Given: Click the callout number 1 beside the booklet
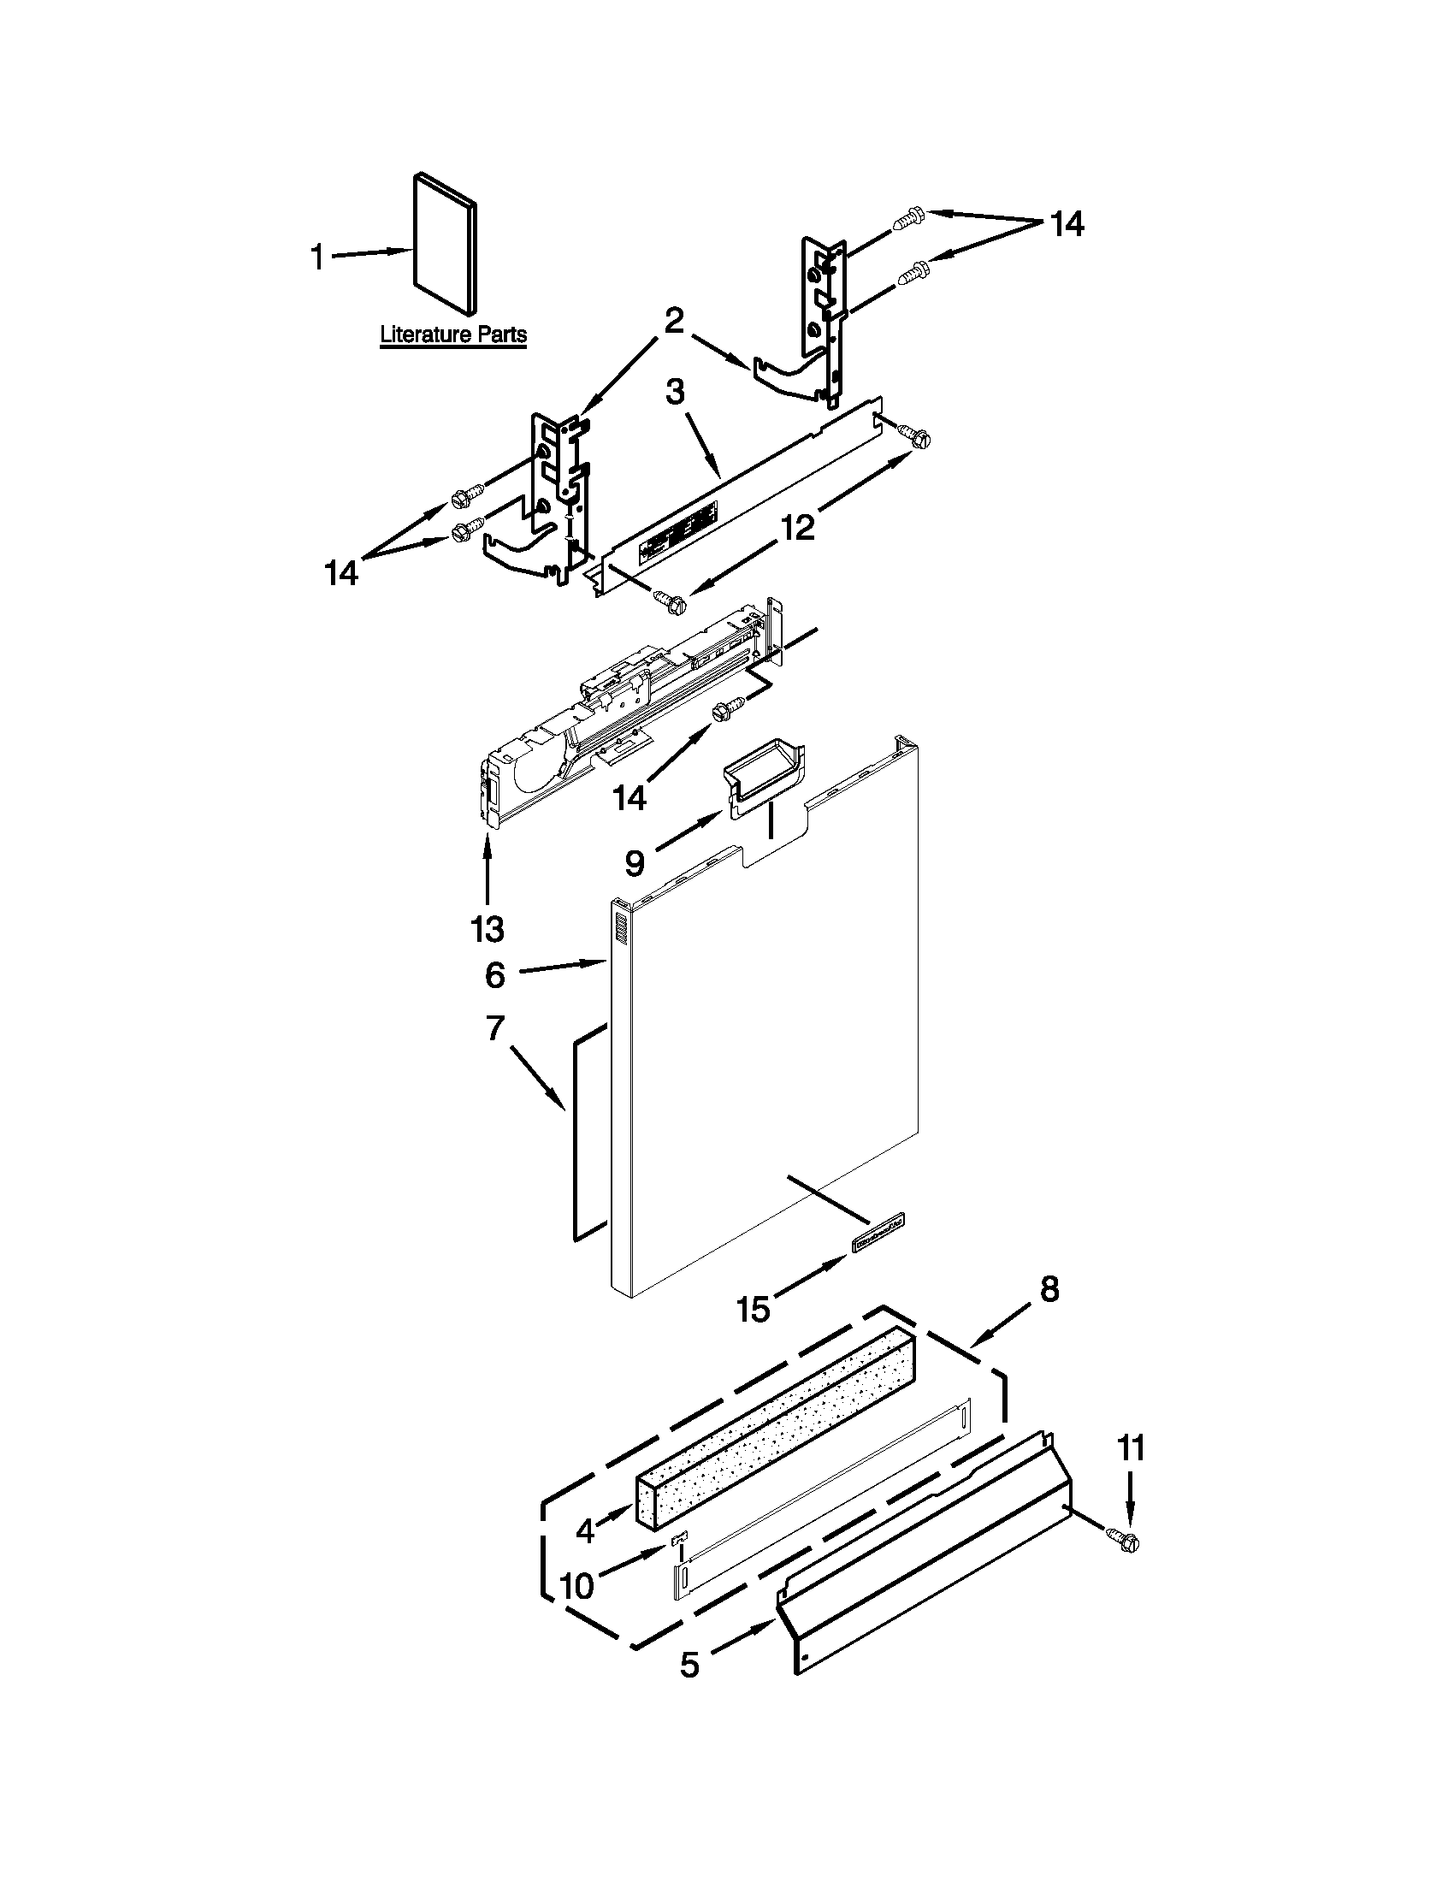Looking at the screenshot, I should point(318,257).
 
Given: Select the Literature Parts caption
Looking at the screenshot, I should point(453,335).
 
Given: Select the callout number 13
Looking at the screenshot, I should point(487,929).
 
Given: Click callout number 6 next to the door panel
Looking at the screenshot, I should point(494,974).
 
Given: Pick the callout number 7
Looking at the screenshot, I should point(494,1028).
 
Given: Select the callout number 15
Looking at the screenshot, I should point(753,1310).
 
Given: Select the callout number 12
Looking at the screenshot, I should point(798,526).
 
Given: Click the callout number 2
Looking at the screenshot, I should point(674,321).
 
